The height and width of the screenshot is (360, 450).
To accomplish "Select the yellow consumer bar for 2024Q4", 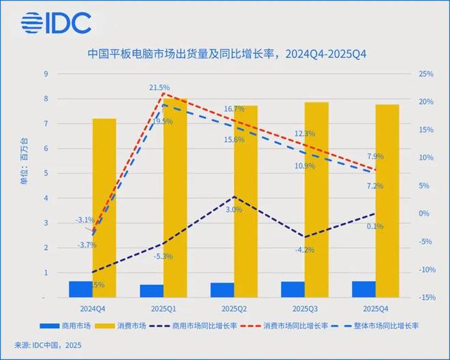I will [x=104, y=208].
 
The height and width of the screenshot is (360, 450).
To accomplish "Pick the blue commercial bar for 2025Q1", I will [x=151, y=291].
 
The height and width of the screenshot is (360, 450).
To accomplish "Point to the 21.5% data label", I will [x=160, y=88].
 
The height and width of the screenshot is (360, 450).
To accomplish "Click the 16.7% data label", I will [x=234, y=109].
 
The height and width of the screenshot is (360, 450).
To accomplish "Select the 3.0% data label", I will [x=233, y=210].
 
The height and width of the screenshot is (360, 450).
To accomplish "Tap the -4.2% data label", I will [x=305, y=250].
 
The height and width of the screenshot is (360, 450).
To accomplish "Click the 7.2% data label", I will [x=374, y=185].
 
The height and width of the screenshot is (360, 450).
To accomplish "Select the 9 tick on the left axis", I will [x=45, y=74].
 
